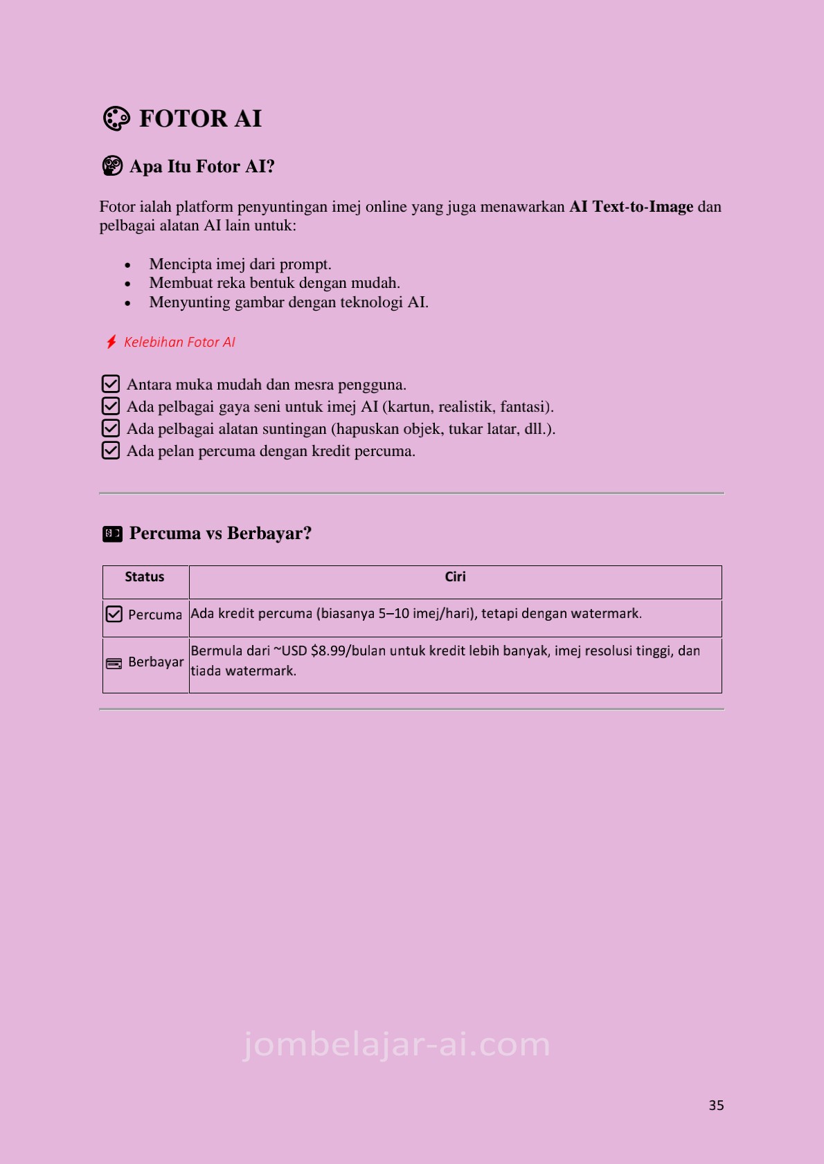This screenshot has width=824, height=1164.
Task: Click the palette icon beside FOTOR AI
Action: (x=116, y=118)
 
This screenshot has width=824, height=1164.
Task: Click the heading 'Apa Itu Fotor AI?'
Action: (x=201, y=167)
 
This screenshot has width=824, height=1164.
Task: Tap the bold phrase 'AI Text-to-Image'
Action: (x=631, y=207)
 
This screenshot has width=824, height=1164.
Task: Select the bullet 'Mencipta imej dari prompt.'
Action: (x=240, y=264)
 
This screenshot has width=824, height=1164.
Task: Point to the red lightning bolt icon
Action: (x=111, y=342)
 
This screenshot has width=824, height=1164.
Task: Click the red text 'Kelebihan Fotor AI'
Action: (x=179, y=342)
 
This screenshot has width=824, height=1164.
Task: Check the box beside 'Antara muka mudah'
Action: (x=111, y=384)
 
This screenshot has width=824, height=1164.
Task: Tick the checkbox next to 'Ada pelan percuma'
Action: (x=111, y=451)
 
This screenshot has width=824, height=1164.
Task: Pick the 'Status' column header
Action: (x=145, y=577)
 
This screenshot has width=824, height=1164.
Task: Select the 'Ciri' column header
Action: (x=455, y=577)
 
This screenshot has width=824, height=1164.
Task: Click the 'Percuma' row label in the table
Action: (x=155, y=615)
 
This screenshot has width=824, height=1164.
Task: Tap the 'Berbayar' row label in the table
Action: (x=156, y=662)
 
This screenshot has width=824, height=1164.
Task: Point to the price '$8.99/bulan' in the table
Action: (x=348, y=651)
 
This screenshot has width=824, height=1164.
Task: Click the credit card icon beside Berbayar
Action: (x=114, y=664)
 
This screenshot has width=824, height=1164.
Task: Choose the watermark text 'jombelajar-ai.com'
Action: (x=397, y=1044)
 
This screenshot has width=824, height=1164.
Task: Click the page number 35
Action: (x=716, y=1105)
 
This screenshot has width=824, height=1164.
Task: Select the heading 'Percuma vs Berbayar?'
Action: (x=220, y=534)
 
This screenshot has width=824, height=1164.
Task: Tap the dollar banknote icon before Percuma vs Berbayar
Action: (x=112, y=534)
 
